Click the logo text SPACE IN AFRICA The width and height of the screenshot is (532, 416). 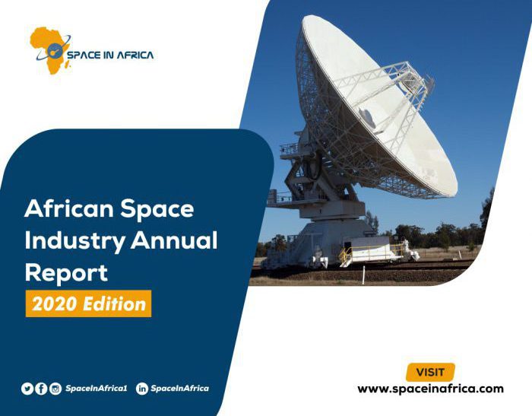point(110,55)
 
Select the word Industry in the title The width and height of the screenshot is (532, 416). point(75,241)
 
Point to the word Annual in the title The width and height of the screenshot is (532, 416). point(174,240)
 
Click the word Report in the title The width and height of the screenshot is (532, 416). point(66,273)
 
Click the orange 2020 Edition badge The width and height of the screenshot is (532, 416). point(89,303)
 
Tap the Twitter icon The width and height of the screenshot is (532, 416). point(27,389)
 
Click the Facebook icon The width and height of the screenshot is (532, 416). point(41,389)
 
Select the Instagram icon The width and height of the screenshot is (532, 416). point(55,389)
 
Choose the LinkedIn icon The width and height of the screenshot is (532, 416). point(142,389)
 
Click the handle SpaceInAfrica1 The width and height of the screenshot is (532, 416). point(97,388)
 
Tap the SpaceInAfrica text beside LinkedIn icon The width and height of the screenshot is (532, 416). point(180,388)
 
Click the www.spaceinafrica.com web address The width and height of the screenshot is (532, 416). point(430,389)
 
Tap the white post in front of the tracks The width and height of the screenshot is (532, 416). point(363,275)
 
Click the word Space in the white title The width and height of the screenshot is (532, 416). point(157,209)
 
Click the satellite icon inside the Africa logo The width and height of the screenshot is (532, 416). point(54,51)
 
